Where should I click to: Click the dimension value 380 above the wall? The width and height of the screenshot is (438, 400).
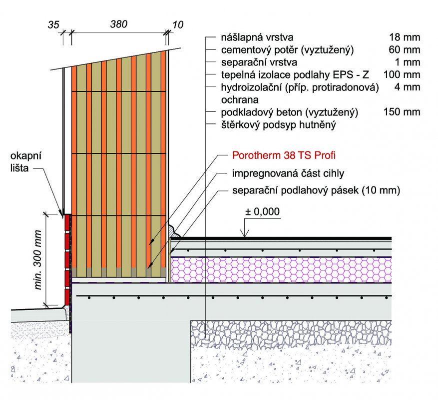[119, 24]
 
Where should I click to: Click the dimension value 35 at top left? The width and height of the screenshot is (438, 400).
[53, 24]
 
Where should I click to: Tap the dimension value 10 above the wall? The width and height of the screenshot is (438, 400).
[178, 24]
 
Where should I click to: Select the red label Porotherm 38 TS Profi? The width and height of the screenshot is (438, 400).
[284, 155]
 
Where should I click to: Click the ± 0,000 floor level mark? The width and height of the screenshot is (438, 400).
[262, 211]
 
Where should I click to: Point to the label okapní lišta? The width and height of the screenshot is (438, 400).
[25, 161]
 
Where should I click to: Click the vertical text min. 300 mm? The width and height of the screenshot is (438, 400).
[38, 259]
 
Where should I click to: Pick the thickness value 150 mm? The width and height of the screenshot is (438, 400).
[402, 112]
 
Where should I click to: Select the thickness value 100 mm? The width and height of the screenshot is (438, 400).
[402, 74]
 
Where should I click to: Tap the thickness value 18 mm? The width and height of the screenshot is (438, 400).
[405, 37]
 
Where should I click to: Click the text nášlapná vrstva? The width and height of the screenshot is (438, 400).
[257, 37]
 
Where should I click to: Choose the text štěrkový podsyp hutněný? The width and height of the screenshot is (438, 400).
[279, 125]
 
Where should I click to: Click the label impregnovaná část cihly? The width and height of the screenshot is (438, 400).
[288, 173]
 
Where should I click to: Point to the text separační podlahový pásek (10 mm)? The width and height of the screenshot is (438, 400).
[316, 190]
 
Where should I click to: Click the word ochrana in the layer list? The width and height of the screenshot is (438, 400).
[240, 100]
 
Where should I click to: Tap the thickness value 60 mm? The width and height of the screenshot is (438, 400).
[405, 50]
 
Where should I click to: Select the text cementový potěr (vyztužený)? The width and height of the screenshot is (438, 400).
[288, 50]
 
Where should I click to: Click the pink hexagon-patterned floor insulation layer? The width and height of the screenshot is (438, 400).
[281, 269]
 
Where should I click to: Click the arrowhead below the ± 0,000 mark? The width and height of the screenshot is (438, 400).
[245, 234]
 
